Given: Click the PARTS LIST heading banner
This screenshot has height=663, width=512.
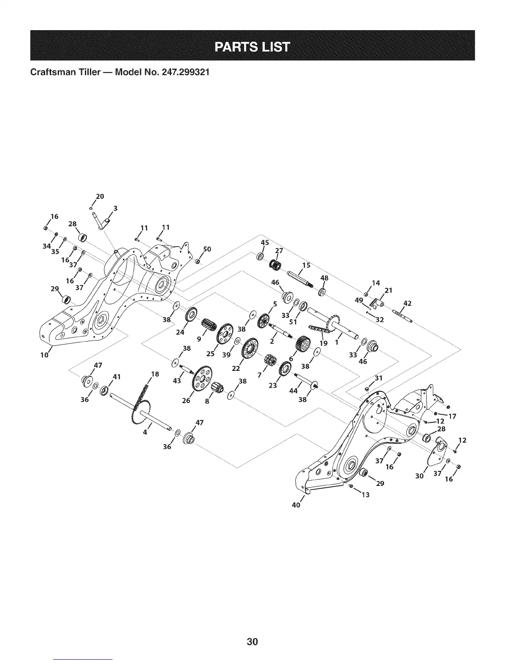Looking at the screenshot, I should (x=252, y=46).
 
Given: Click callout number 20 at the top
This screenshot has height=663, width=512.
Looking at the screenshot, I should (x=100, y=196).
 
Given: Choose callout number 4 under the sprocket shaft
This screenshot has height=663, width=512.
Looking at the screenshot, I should (x=145, y=432).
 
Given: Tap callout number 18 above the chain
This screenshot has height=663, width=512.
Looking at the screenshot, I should (x=155, y=374).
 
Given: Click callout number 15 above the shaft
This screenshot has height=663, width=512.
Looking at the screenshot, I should (x=306, y=265).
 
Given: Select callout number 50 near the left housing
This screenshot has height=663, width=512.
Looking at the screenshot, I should (x=207, y=249).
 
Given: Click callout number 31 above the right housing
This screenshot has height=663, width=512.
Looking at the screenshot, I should (x=379, y=378).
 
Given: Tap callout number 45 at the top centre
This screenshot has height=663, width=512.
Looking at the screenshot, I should (x=264, y=243).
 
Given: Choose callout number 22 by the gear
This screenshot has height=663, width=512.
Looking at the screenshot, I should (x=236, y=368).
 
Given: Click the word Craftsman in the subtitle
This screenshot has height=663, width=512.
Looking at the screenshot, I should (x=52, y=72).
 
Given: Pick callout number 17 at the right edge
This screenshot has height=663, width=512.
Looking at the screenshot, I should (x=452, y=416).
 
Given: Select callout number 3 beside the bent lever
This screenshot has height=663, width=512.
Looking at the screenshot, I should (x=115, y=208).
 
